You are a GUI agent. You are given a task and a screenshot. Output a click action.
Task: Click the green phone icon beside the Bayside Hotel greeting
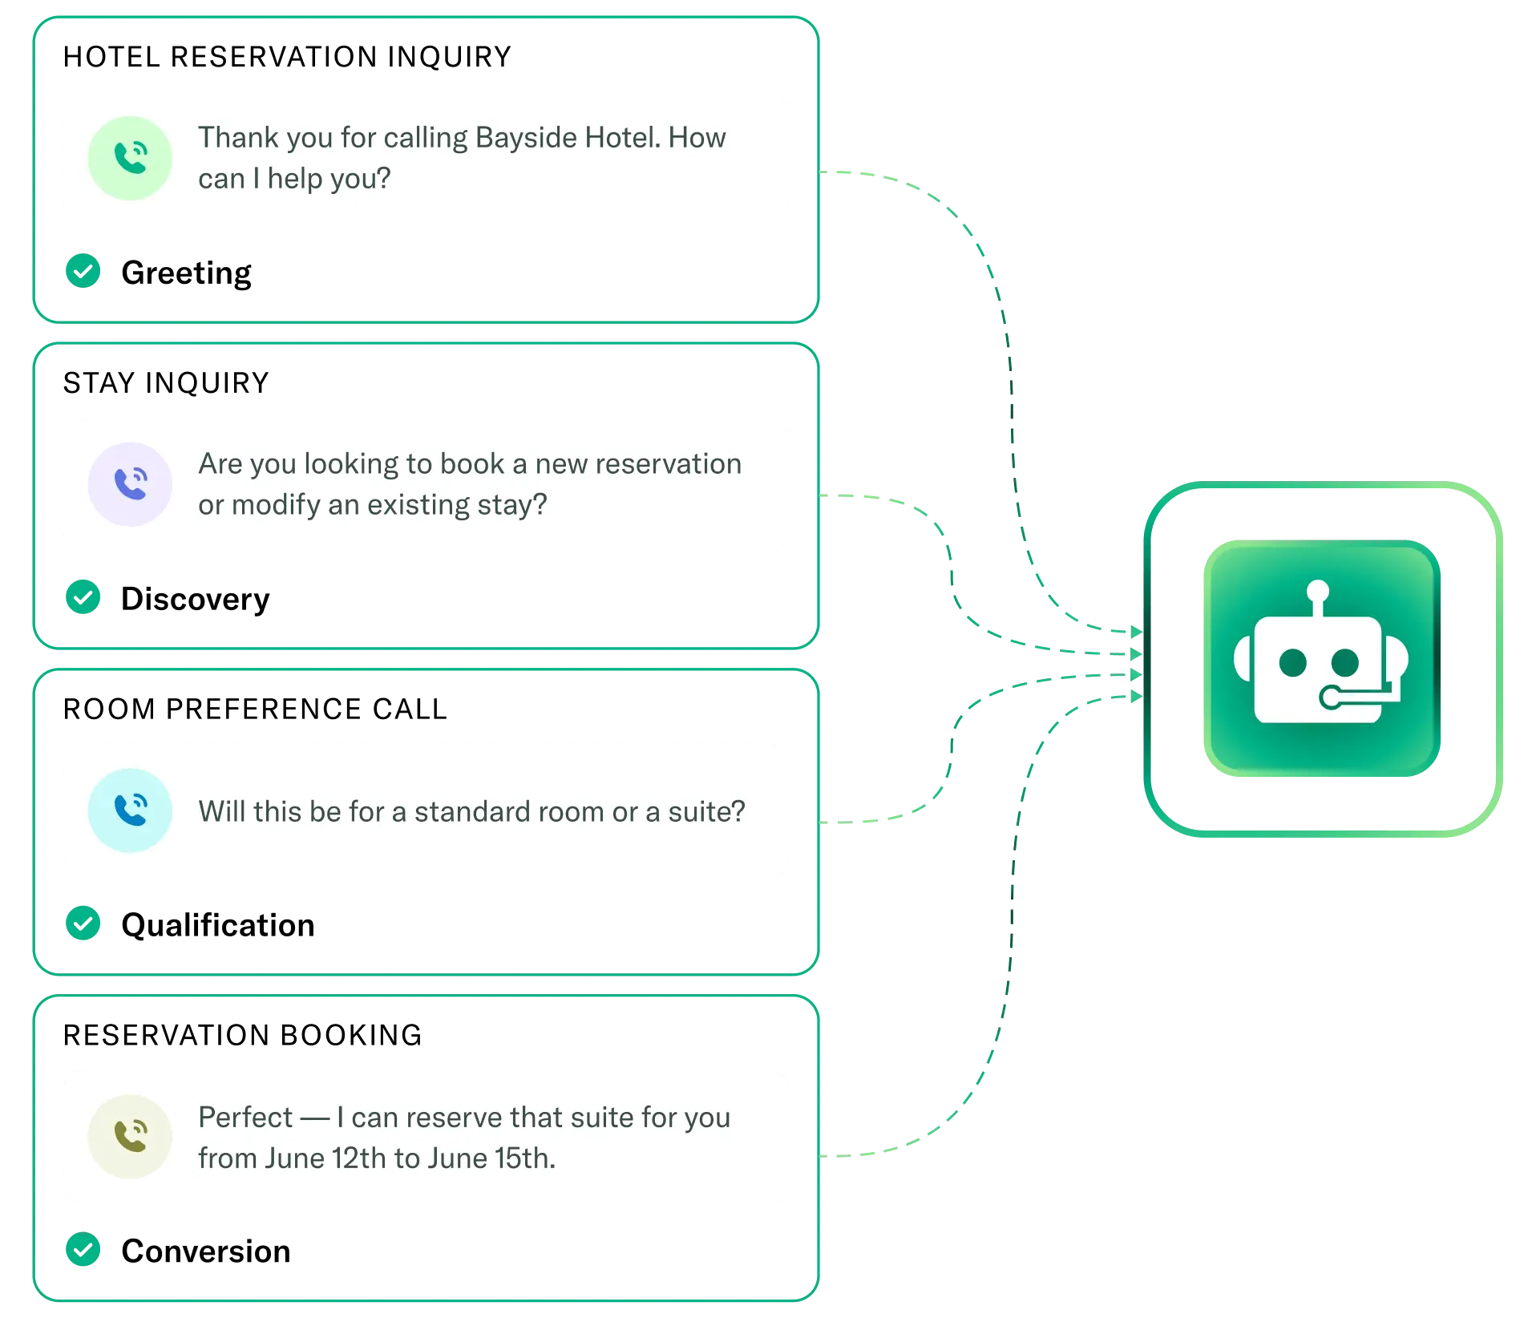pos(130,158)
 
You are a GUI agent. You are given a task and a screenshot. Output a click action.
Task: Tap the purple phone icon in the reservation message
pos(130,484)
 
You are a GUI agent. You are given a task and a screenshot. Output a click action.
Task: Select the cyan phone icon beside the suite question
pos(130,811)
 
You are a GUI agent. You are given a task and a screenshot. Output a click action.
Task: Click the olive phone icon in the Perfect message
pos(130,1136)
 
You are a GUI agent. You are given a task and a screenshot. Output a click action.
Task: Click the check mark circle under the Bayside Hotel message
pos(83,270)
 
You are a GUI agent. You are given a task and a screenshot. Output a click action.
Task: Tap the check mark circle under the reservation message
pos(83,596)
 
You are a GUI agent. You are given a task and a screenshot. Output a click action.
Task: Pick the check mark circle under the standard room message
pos(83,923)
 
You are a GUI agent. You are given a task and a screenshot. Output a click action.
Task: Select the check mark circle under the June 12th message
pos(83,1250)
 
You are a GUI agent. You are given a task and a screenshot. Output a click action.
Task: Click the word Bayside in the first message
pos(525,138)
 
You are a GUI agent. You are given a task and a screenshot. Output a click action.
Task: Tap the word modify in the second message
pos(276,505)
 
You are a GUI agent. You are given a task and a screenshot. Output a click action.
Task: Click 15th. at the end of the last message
pos(524,1158)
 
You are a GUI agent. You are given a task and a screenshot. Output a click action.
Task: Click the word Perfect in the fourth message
pos(245,1118)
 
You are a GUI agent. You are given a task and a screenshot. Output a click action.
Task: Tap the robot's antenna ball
pos(1317,592)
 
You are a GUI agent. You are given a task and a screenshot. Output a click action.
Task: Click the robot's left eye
pos(1292,663)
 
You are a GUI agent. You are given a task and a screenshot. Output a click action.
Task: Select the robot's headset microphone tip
pos(1329,699)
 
